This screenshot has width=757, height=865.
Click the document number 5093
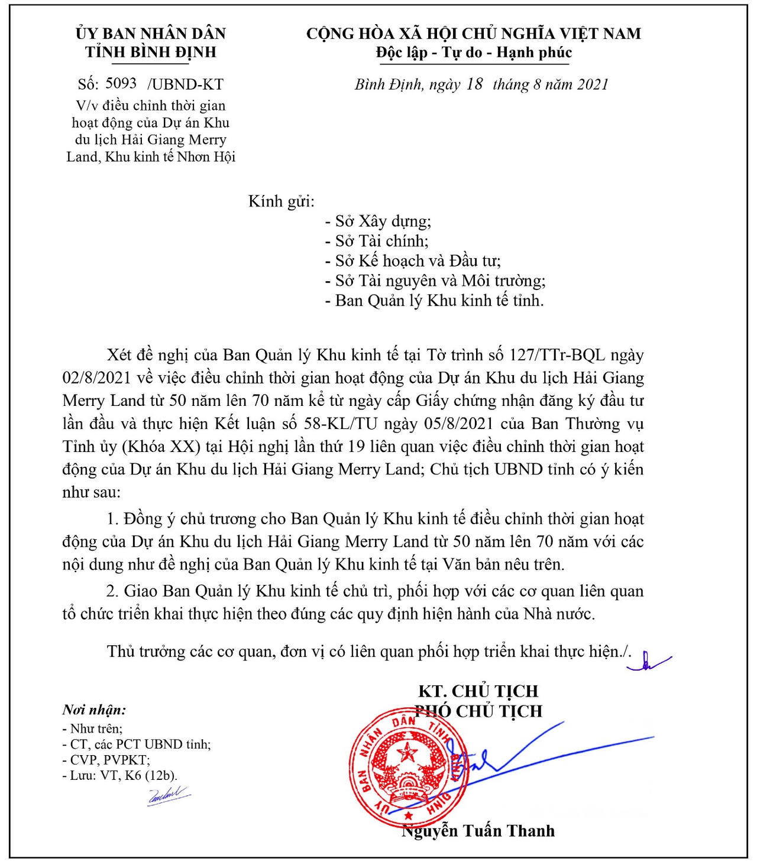(x=121, y=83)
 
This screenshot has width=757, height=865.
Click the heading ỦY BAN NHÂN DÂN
(x=150, y=33)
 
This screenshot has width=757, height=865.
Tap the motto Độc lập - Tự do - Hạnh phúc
(x=474, y=53)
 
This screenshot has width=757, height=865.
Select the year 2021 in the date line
(x=593, y=84)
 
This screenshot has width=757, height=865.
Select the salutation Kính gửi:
(x=281, y=201)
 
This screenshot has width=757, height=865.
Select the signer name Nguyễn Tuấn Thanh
(x=478, y=831)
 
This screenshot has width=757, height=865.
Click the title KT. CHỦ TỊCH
(x=478, y=691)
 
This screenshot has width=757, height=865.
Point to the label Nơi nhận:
(x=94, y=710)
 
